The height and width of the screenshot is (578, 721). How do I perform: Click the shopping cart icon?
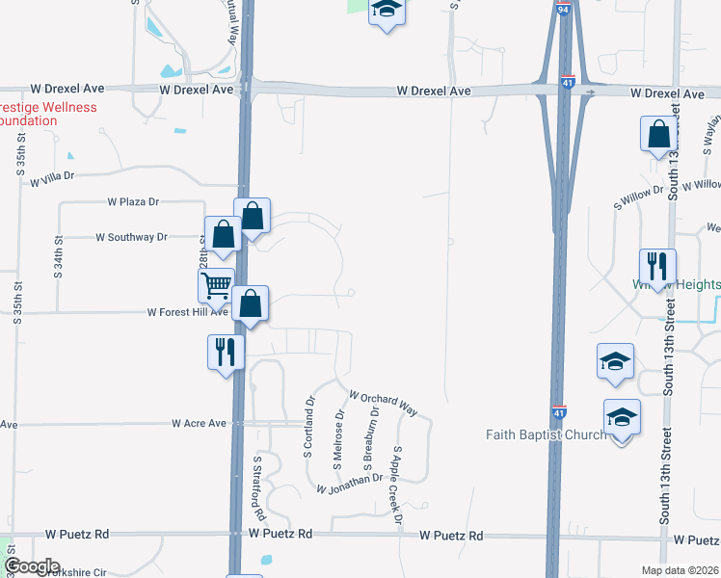tap(216, 285)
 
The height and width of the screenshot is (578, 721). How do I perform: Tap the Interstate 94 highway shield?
tap(562, 11)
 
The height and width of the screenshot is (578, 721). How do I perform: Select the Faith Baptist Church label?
tap(545, 434)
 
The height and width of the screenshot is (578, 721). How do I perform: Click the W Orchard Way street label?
tap(383, 404)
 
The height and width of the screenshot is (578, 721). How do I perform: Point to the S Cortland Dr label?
tap(310, 414)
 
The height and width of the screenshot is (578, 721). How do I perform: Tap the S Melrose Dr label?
tap(337, 440)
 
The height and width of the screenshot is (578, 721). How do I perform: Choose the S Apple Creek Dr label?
tap(396, 486)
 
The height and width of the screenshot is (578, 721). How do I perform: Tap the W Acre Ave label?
tap(199, 423)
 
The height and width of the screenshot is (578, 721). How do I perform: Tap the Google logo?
tap(32, 566)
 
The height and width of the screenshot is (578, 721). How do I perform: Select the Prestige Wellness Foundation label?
tap(48, 114)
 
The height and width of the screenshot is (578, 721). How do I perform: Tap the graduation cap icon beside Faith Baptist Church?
tap(622, 419)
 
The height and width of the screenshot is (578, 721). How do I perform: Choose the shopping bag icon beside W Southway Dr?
tap(223, 235)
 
